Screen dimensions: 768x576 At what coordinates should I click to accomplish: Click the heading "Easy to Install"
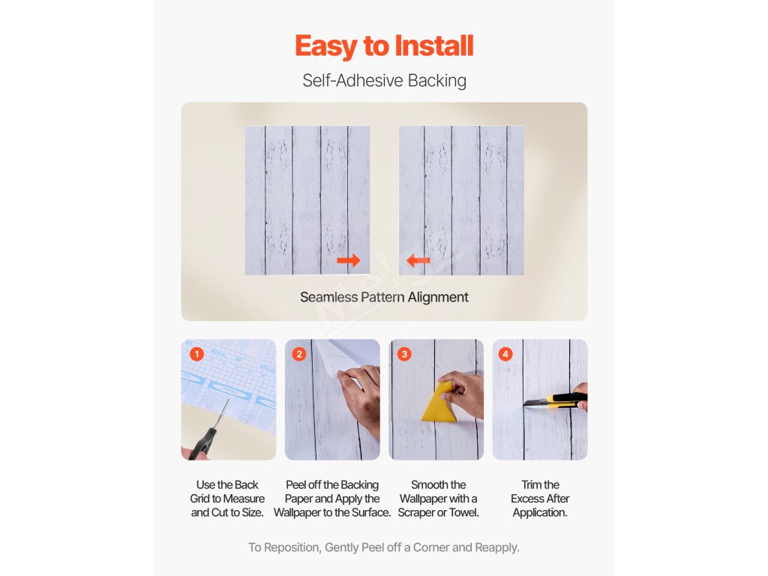pyautogui.click(x=384, y=46)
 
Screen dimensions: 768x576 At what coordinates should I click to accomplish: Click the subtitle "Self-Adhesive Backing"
pyautogui.click(x=384, y=80)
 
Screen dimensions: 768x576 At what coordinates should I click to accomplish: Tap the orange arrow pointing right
pyautogui.click(x=349, y=260)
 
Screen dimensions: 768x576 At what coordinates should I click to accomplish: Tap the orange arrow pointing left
pyautogui.click(x=418, y=260)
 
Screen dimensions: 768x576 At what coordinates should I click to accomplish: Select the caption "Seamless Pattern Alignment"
pyautogui.click(x=384, y=297)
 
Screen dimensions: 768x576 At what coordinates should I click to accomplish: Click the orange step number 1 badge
pyautogui.click(x=196, y=354)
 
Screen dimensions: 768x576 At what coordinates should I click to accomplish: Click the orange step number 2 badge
pyautogui.click(x=299, y=354)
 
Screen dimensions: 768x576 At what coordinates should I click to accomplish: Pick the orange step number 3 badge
pyautogui.click(x=404, y=354)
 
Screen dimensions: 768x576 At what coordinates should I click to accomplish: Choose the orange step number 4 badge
pyautogui.click(x=505, y=354)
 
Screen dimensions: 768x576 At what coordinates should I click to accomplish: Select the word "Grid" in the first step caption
pyautogui.click(x=199, y=499)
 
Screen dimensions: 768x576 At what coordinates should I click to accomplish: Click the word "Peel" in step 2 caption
pyautogui.click(x=296, y=485)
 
